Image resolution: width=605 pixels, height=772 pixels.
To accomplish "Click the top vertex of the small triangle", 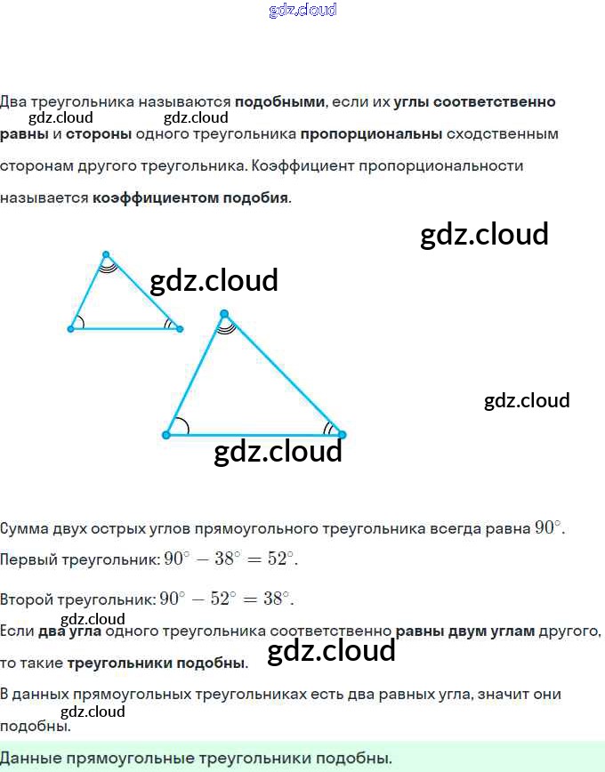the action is pyautogui.click(x=106, y=254).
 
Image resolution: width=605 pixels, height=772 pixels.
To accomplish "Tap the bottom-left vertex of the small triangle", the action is pyautogui.click(x=71, y=328).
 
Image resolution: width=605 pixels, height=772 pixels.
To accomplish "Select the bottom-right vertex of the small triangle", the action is pyautogui.click(x=179, y=328).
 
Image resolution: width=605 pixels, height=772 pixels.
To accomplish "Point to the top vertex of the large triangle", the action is pyautogui.click(x=224, y=314).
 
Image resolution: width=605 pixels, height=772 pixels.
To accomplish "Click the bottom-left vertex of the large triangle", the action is pyautogui.click(x=166, y=435).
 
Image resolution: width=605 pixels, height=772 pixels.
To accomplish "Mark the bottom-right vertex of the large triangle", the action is pyautogui.click(x=342, y=435).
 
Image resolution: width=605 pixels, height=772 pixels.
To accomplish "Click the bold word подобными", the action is pyautogui.click(x=279, y=101).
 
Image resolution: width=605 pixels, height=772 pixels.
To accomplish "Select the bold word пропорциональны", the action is pyautogui.click(x=371, y=134).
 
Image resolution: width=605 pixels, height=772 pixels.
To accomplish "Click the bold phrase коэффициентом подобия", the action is pyautogui.click(x=190, y=197).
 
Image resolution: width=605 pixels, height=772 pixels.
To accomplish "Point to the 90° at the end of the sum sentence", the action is pyautogui.click(x=547, y=527).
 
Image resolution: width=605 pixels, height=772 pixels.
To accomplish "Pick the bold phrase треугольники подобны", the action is pyautogui.click(x=156, y=663).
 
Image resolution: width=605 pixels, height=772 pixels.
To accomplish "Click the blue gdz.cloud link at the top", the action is pyautogui.click(x=302, y=11).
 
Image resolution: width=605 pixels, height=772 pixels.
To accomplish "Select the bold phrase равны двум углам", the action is pyautogui.click(x=465, y=631).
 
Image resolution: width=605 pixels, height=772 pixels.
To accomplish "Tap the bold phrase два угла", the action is pyautogui.click(x=69, y=631).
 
